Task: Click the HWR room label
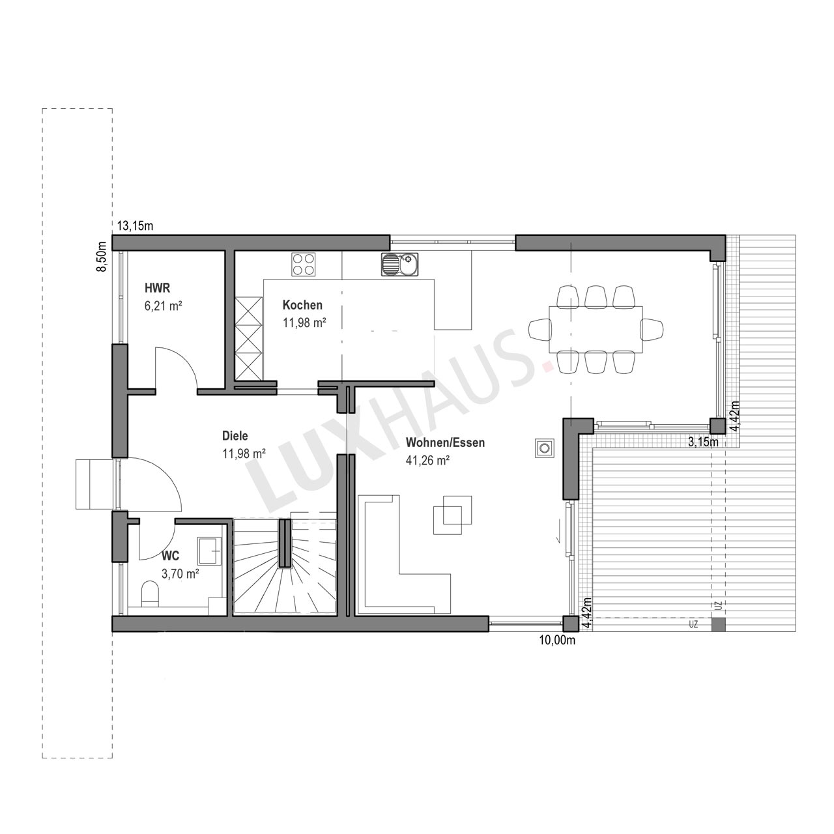pos(157,288)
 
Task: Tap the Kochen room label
pos(302,305)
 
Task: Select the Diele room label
pos(235,435)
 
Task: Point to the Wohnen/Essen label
pos(445,443)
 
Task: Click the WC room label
pos(170,555)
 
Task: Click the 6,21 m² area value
pos(163,306)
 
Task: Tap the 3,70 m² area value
pos(180,574)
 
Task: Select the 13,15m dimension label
pos(136,226)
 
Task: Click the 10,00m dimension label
pos(557,640)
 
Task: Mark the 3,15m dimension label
pos(703,442)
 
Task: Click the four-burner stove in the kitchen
pos(303,265)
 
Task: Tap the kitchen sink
pos(400,265)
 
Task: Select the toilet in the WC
pos(150,594)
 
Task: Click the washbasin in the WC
pos(210,551)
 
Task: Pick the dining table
pos(596,329)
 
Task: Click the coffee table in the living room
pos(453,515)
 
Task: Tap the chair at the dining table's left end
pos(539,329)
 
